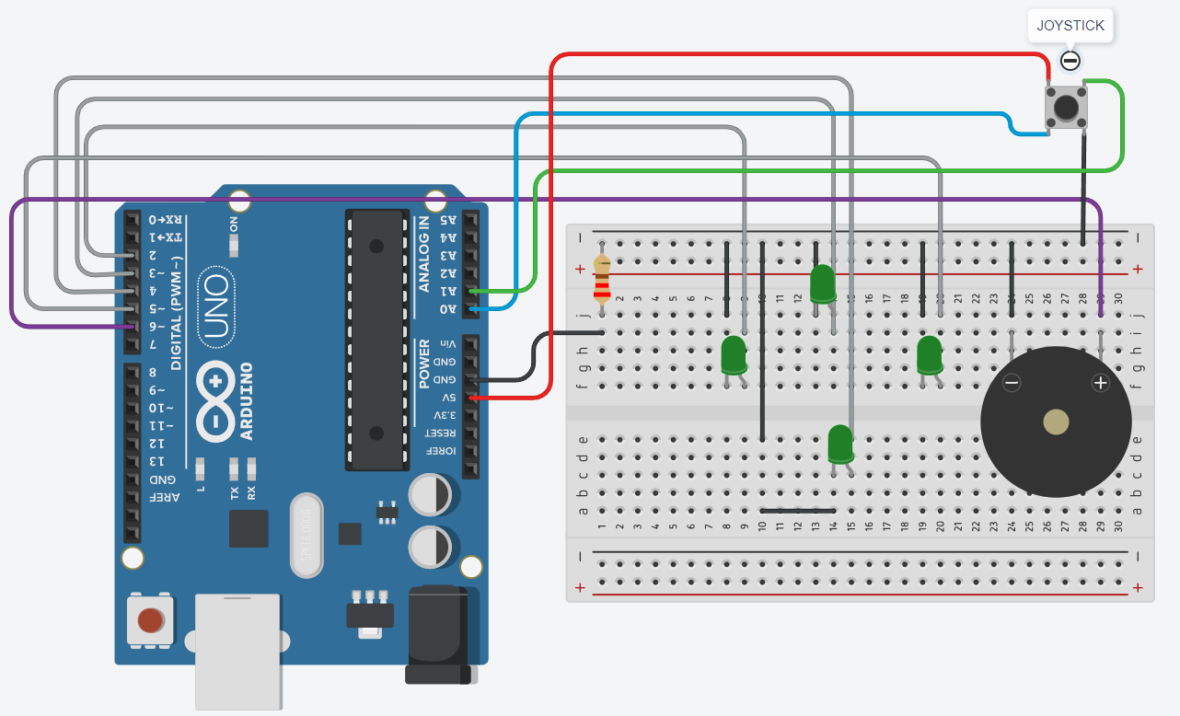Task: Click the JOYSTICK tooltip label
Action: click(1070, 26)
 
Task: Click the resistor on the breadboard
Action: click(602, 279)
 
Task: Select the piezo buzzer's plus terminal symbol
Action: click(1100, 383)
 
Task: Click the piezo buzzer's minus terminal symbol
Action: click(1011, 383)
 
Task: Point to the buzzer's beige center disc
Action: click(1056, 422)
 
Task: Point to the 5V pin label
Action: click(448, 398)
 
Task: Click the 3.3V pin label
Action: click(448, 415)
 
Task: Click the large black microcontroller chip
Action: click(376, 339)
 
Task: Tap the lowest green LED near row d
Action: click(839, 444)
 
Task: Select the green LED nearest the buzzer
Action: click(929, 354)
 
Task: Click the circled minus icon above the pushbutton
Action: click(1070, 62)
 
